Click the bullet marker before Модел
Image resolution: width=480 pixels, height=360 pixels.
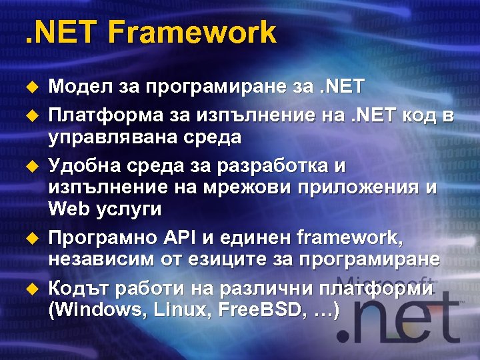click(x=29, y=86)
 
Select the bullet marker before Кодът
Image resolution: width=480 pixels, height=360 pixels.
click(x=29, y=289)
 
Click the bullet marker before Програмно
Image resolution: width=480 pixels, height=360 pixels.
click(x=29, y=238)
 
